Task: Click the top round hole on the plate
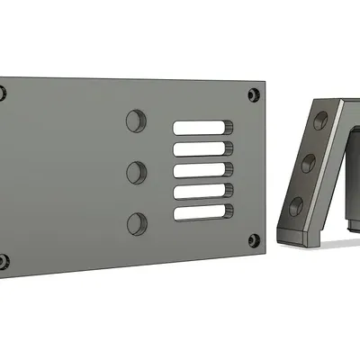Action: pyautogui.click(x=136, y=120)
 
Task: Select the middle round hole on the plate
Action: pyautogui.click(x=136, y=171)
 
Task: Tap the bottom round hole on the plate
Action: pyautogui.click(x=136, y=222)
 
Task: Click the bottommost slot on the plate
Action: pyautogui.click(x=202, y=213)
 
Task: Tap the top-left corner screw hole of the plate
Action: pyautogui.click(x=3, y=92)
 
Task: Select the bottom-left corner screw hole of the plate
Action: pyautogui.click(x=3, y=262)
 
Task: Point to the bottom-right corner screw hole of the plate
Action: pyautogui.click(x=254, y=241)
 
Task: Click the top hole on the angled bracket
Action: pyautogui.click(x=318, y=121)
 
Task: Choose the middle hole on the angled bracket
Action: pyautogui.click(x=308, y=162)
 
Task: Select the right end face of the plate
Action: pyautogui.click(x=267, y=171)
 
